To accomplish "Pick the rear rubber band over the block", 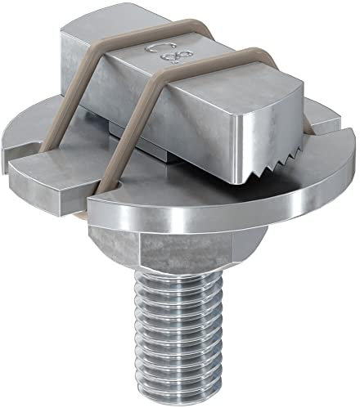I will pos(98,65).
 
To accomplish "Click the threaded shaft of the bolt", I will pos(176,327).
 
